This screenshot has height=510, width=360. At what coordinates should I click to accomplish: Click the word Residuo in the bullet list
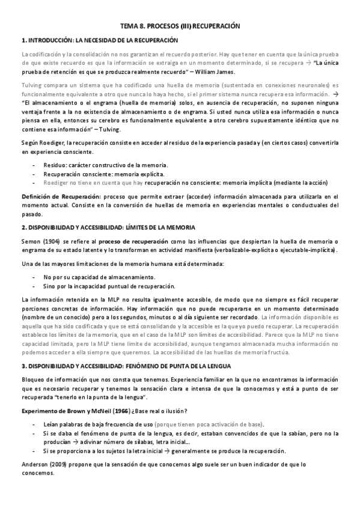(x=57, y=165)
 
